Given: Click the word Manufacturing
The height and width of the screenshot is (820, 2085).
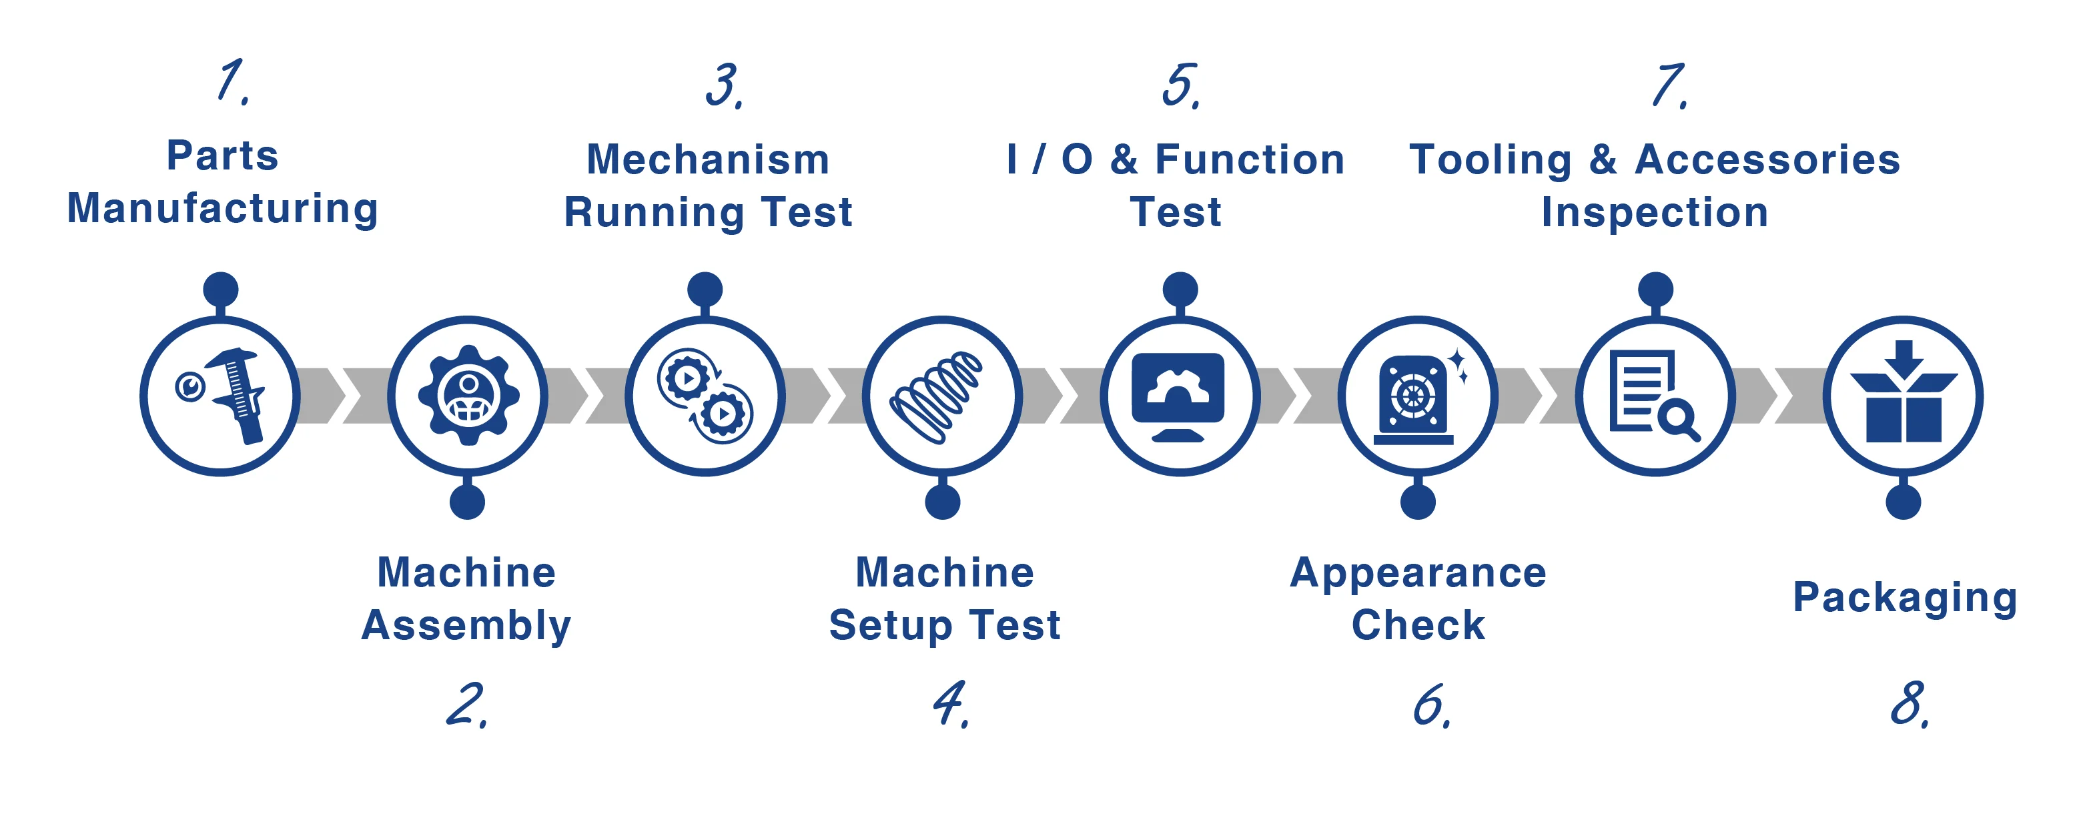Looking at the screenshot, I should tap(223, 209).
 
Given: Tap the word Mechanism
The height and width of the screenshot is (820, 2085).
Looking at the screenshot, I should tap(707, 159).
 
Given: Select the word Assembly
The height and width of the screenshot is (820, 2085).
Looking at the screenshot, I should tap(466, 626).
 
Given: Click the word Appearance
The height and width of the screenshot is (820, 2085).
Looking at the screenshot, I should tap(1417, 573).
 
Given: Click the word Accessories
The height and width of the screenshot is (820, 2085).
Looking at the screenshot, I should tap(1767, 159).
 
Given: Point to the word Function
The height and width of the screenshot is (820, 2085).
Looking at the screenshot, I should tap(1249, 159).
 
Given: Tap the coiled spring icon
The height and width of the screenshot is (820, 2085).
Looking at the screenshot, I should tap(937, 396).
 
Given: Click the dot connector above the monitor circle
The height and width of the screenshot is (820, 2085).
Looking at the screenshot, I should tap(1180, 289).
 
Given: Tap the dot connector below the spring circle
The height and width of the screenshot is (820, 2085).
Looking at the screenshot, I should tap(942, 502).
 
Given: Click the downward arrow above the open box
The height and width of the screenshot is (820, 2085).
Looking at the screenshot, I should tap(1904, 358).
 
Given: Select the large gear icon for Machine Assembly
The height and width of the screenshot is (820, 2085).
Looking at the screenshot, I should tap(468, 396).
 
